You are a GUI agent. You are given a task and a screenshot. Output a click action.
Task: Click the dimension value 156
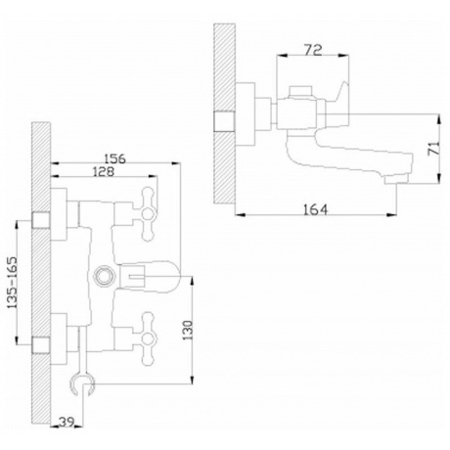(x=114, y=158)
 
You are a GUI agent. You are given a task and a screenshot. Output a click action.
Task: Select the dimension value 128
(x=104, y=171)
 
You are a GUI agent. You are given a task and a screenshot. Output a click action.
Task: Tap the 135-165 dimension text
(x=12, y=283)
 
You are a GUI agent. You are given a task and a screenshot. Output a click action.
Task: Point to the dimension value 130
(x=188, y=330)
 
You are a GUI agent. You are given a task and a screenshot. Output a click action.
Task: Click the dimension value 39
(x=67, y=422)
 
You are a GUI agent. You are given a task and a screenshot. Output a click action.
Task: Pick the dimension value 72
(x=313, y=50)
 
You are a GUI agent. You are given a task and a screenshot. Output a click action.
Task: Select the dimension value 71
(x=434, y=148)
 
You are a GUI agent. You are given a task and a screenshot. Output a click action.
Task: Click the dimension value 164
(x=315, y=209)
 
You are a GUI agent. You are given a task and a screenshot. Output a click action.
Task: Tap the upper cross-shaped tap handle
(x=147, y=214)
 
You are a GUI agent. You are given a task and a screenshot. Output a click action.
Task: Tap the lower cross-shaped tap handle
(x=148, y=338)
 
